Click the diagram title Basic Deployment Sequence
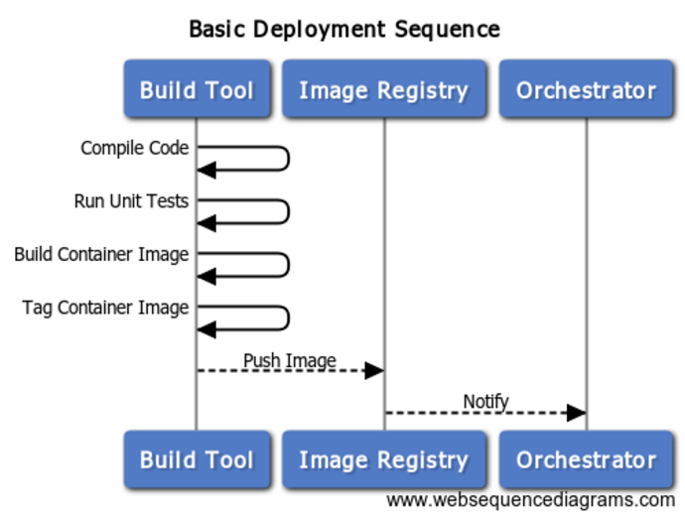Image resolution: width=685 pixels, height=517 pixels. (343, 29)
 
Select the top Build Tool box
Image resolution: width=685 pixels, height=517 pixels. (196, 90)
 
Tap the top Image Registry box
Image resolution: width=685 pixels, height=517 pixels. (383, 90)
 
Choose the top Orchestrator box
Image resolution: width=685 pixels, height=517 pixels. (586, 90)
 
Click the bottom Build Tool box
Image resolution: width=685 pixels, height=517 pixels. (196, 459)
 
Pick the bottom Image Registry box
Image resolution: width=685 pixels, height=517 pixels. (383, 459)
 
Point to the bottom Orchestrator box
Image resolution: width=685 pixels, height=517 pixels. (586, 459)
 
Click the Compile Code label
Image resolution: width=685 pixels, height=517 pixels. (135, 148)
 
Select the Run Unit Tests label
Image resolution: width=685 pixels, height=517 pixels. (131, 200)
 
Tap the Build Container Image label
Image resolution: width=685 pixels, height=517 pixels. (101, 254)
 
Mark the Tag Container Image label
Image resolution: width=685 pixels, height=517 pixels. (105, 308)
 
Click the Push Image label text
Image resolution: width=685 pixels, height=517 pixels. (290, 360)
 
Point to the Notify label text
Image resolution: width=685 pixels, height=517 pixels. (485, 401)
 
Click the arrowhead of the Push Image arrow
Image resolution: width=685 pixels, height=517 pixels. (374, 370)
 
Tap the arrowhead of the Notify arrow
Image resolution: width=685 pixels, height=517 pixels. (576, 412)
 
